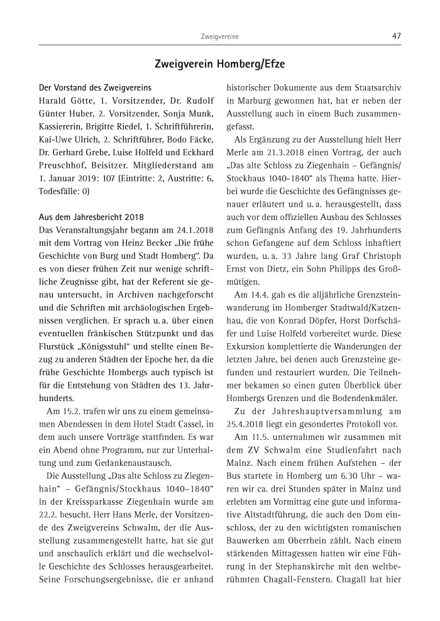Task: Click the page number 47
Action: coord(396,36)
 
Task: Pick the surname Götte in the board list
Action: coord(80,101)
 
